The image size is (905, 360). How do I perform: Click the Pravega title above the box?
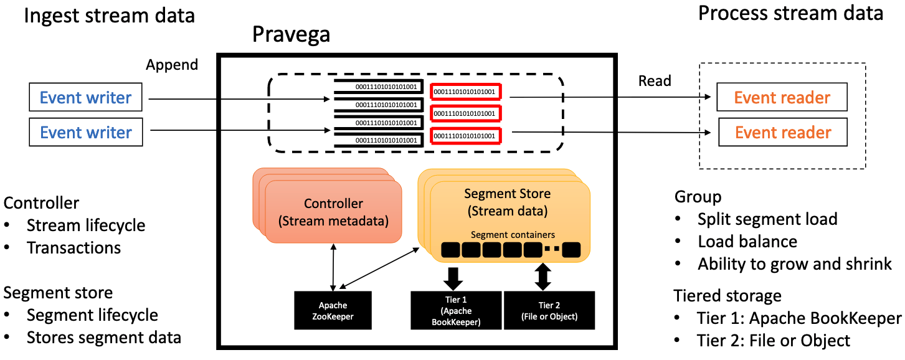[x=291, y=35]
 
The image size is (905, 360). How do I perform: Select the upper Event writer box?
[x=86, y=98]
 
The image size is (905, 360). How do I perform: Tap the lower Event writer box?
[x=86, y=133]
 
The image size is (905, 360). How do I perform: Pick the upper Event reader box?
[x=782, y=98]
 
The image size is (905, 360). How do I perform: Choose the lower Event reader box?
[x=783, y=133]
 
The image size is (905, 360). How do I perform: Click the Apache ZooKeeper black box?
[x=333, y=310]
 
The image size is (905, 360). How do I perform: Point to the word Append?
[x=172, y=65]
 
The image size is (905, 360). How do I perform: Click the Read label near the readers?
[x=655, y=81]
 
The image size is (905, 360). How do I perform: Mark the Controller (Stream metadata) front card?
[x=333, y=212]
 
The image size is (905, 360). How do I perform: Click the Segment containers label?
[x=513, y=235]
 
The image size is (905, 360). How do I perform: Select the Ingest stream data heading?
[x=110, y=16]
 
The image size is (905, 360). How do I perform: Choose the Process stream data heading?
[x=790, y=13]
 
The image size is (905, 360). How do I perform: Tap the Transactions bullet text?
[x=73, y=247]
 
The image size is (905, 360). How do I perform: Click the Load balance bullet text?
[x=747, y=241]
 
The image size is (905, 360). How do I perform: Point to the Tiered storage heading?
[x=727, y=295]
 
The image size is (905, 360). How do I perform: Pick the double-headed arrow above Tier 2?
[x=543, y=277]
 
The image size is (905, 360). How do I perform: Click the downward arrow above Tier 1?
[x=453, y=277]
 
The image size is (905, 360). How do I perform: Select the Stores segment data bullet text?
[x=103, y=338]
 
